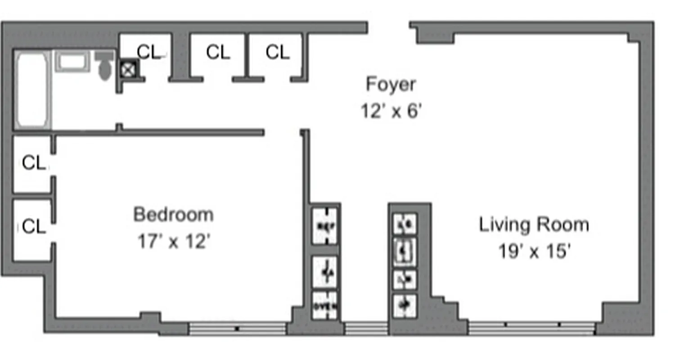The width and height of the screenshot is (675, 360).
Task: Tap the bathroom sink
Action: (72, 61)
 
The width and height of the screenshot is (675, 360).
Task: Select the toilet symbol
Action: (104, 65)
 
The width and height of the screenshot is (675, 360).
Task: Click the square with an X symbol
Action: (128, 69)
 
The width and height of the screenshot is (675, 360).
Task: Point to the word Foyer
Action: (391, 84)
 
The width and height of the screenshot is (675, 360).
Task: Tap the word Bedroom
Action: (174, 215)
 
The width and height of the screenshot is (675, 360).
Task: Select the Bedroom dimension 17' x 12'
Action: (174, 242)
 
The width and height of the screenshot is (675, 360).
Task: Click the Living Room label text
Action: (534, 225)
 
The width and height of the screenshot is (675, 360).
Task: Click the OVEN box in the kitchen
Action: (325, 306)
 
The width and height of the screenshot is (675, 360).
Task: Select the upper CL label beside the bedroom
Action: (34, 162)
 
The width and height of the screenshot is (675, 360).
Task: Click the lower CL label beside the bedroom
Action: (34, 226)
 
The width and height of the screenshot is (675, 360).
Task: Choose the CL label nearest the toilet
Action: (149, 52)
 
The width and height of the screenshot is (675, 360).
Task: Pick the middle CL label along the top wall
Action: (218, 52)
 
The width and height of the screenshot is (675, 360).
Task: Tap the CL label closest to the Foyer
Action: (277, 52)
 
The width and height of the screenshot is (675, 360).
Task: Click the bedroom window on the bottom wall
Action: (237, 328)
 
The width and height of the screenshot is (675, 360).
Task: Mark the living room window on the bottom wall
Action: (532, 328)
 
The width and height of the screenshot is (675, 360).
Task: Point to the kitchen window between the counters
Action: (366, 328)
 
